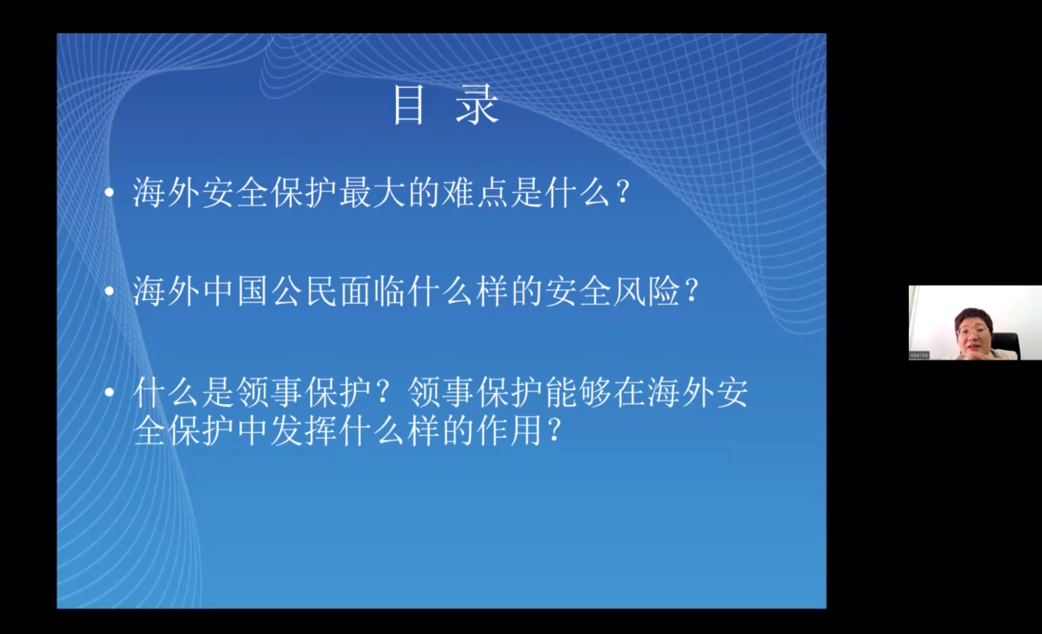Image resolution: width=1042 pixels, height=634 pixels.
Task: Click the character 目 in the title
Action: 408,104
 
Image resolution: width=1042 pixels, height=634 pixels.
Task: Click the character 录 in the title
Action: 477,104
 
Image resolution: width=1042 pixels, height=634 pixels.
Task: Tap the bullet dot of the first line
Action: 109,191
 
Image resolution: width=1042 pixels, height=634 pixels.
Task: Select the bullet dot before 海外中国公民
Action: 109,291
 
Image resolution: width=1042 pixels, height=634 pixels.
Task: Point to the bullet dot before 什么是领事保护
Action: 109,393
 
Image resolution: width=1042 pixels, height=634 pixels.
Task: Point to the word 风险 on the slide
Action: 647,292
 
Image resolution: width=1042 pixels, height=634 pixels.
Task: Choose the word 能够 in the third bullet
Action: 579,393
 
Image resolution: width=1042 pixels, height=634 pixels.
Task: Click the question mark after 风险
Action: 692,292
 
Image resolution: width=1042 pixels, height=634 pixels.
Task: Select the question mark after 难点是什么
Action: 623,192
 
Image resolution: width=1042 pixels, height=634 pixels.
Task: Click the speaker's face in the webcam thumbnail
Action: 972,334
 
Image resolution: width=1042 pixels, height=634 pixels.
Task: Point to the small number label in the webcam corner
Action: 919,355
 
